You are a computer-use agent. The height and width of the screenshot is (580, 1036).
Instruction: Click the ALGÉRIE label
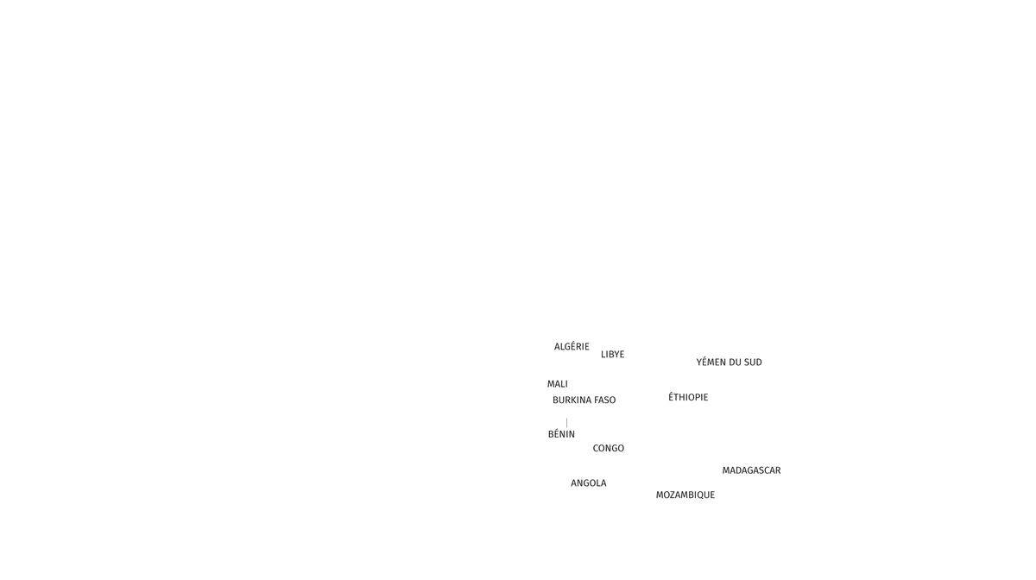(572, 347)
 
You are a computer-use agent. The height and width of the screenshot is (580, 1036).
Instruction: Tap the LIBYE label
(613, 355)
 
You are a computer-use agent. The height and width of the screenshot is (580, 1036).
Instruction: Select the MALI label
(558, 384)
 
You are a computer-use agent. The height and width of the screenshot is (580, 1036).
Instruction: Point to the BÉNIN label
(561, 434)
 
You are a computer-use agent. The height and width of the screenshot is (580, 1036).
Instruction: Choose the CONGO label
(609, 449)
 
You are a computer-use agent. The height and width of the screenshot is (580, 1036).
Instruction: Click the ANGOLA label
(589, 483)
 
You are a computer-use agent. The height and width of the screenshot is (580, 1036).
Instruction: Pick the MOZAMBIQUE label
(685, 495)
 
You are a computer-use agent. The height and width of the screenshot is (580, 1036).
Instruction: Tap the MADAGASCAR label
(752, 470)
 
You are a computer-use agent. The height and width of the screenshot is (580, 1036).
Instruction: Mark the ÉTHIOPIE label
(688, 398)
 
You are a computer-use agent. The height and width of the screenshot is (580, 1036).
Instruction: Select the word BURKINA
(572, 400)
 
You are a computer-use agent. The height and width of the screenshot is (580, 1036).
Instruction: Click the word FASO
(605, 400)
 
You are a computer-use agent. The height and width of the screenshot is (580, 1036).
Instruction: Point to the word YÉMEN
(711, 362)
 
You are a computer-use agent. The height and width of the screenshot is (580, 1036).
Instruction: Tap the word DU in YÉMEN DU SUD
(736, 362)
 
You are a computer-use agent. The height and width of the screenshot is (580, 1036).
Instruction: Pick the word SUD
(754, 362)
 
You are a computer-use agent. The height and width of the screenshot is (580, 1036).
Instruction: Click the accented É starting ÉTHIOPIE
(671, 398)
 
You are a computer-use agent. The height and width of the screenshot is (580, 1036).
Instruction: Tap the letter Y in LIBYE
(615, 355)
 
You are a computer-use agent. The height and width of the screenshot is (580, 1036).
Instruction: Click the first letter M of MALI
(550, 384)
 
